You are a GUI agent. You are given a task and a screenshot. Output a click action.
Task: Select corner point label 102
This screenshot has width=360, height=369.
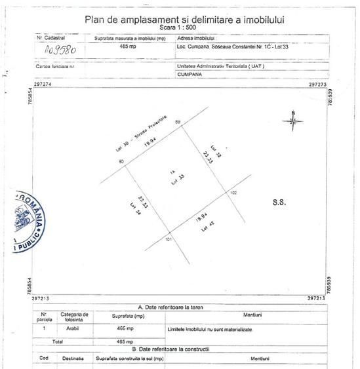tap(233, 193)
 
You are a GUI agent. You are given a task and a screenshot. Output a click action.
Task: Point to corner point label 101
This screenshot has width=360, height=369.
tap(168, 240)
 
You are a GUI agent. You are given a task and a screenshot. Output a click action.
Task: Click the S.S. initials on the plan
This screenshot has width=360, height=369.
tap(278, 203)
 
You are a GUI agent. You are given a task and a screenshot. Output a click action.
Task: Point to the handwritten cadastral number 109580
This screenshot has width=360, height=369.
tap(60, 49)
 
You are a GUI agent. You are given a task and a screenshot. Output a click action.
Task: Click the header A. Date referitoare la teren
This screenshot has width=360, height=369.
tap(178, 307)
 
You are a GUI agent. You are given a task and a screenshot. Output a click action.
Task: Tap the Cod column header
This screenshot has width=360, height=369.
tap(44, 359)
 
